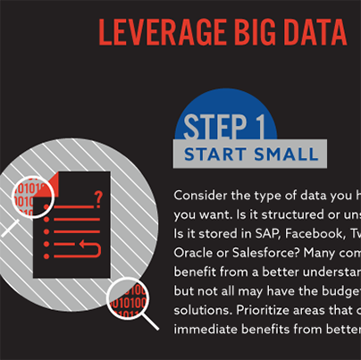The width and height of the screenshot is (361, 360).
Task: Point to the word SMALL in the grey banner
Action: (x=286, y=155)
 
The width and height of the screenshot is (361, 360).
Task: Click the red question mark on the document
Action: (x=97, y=197)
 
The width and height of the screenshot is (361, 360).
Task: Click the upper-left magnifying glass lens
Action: (x=33, y=201)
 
